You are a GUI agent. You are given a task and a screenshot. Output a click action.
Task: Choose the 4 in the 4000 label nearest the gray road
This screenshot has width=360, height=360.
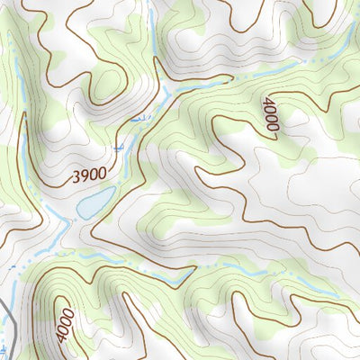60,338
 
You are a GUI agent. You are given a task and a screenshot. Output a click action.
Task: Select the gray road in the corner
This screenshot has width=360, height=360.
9,324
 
